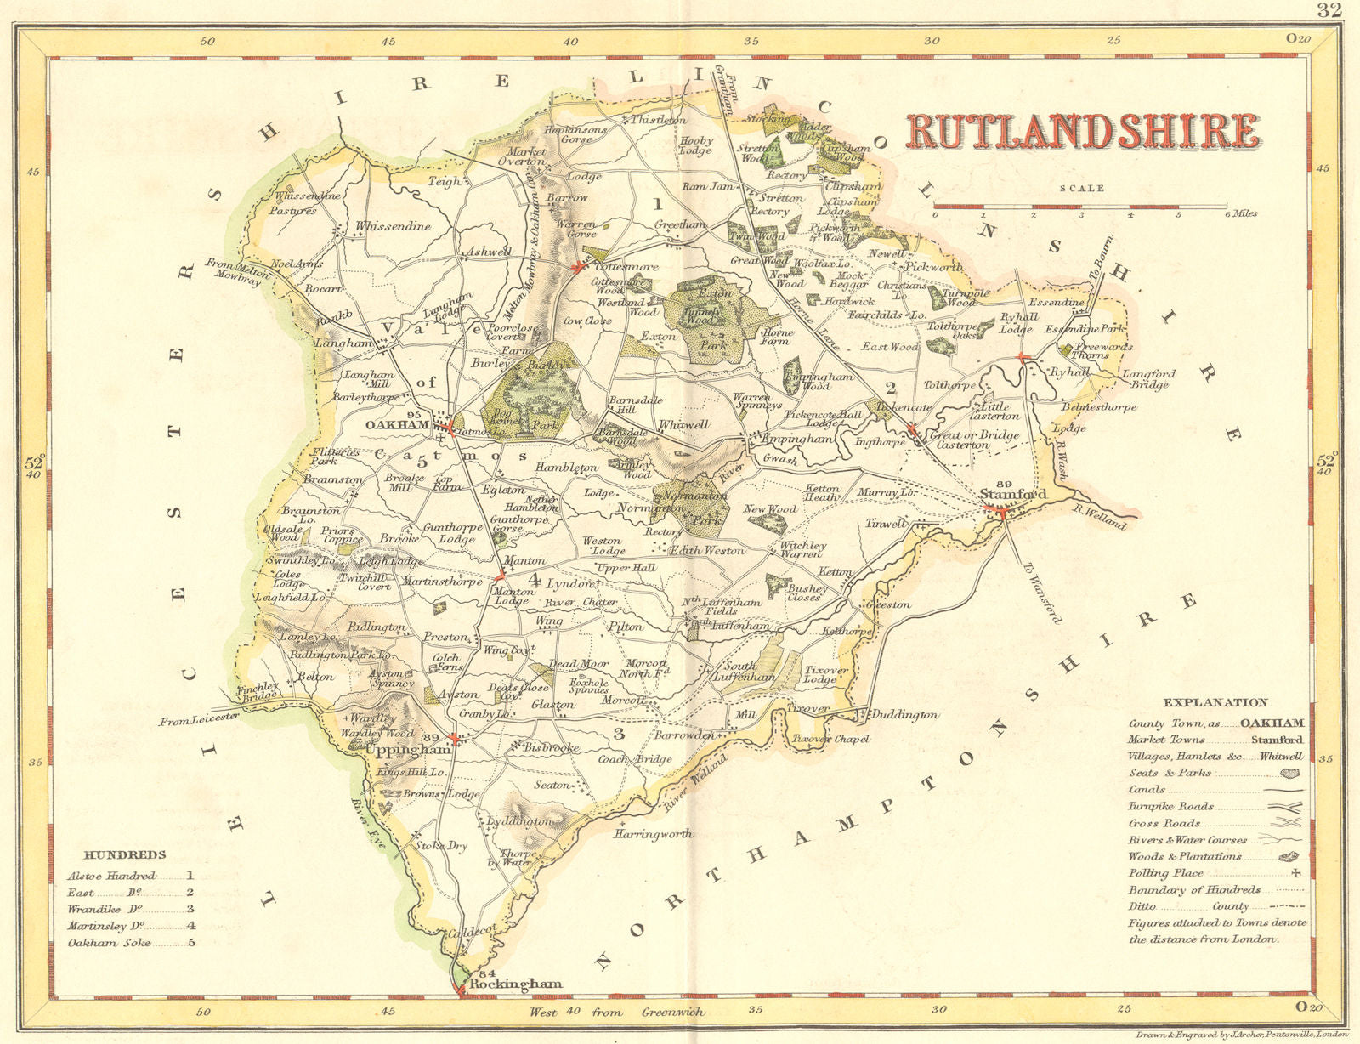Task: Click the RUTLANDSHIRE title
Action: (1083, 132)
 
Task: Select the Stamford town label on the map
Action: (1012, 495)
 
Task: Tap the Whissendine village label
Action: (393, 227)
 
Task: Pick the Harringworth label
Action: (653, 834)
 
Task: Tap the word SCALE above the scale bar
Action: (1081, 189)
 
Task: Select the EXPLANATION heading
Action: (1215, 702)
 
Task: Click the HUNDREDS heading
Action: (125, 854)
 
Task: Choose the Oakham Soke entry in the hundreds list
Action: (109, 942)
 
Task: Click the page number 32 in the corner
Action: (1329, 10)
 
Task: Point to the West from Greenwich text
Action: (617, 1012)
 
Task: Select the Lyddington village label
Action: (518, 821)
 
